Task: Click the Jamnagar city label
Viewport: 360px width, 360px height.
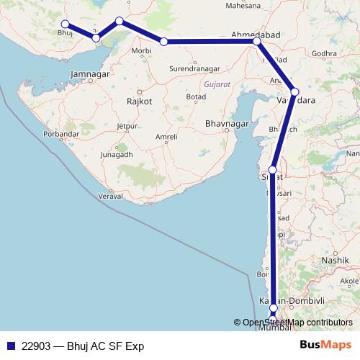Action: click(x=90, y=74)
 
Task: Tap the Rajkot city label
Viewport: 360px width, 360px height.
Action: click(x=139, y=102)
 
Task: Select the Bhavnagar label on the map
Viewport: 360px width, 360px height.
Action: click(x=228, y=124)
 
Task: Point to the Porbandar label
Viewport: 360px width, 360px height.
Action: click(x=60, y=134)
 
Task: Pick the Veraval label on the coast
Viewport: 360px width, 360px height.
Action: click(x=112, y=196)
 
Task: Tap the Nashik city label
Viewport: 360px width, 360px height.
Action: click(x=336, y=259)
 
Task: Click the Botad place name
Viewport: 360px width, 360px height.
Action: click(x=196, y=96)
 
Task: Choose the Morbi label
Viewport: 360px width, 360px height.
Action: click(x=142, y=51)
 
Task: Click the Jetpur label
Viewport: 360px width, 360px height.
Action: click(x=127, y=126)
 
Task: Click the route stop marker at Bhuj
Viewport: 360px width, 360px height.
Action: click(x=66, y=24)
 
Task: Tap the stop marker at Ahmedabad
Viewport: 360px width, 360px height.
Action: click(x=257, y=42)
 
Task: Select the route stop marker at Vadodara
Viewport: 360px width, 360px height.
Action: click(x=294, y=91)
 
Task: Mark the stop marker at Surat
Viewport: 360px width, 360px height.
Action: click(x=273, y=170)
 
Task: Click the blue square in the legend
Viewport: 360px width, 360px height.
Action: click(x=12, y=346)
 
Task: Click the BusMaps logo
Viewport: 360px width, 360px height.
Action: click(x=325, y=346)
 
